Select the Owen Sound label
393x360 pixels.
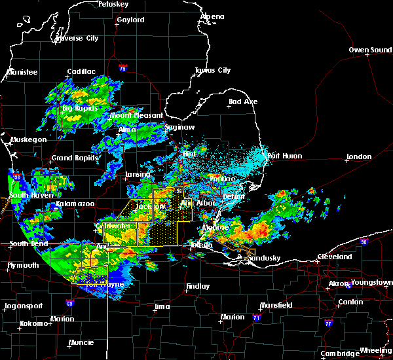371,50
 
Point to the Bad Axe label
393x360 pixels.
243,101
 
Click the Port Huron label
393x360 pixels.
284,156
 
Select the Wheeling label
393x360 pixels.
376,350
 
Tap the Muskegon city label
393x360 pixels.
28,139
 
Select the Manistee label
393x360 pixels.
22,72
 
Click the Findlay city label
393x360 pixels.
197,286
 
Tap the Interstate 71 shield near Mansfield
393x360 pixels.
257,317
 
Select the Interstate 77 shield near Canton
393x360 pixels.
325,323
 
